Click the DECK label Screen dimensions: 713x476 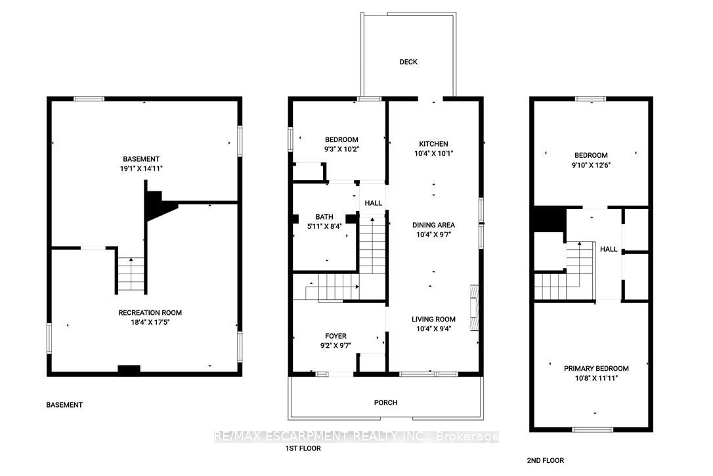[x=408, y=62]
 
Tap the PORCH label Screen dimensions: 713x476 [x=385, y=402]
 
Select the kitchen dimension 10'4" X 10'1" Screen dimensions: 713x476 [x=433, y=153]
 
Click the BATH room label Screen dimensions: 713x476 [x=324, y=217]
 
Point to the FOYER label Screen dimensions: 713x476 [x=335, y=336]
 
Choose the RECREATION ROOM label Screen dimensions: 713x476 [x=150, y=312]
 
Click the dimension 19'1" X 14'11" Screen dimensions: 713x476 [x=141, y=168]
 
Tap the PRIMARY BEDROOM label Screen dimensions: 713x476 [x=596, y=368]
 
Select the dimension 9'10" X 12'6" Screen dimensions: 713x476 [x=591, y=165]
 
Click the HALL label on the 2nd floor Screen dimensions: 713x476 [x=609, y=249]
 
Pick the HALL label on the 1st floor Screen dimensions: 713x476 [x=374, y=203]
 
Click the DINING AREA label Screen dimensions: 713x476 [x=433, y=225]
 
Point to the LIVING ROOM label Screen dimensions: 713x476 [x=433, y=320]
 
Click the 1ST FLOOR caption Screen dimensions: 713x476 [x=303, y=448]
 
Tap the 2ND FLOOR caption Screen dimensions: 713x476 [x=545, y=460]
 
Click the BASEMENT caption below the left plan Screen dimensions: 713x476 [x=64, y=405]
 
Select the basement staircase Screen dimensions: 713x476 [x=131, y=275]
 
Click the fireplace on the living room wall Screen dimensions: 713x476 [x=474, y=308]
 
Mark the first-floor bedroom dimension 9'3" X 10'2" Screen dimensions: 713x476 [x=341, y=149]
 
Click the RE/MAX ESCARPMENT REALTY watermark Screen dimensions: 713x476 [x=356, y=437]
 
